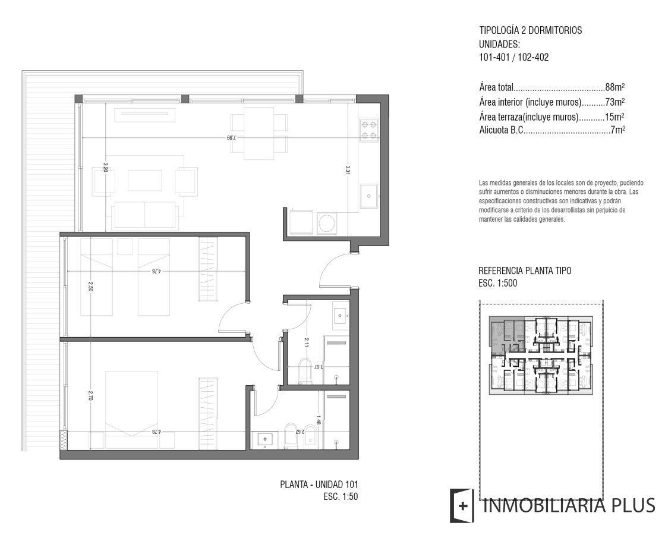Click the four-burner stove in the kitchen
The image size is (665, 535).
[368, 130]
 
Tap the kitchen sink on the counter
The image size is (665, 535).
[368, 196]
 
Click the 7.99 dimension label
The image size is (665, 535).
[231, 137]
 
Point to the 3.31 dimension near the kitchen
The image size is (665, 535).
[347, 169]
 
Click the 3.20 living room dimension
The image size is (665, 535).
[106, 166]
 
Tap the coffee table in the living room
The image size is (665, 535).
[144, 181]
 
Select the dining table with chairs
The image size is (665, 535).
[259, 133]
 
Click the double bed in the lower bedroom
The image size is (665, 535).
[132, 410]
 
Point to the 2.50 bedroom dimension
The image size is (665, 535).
[90, 287]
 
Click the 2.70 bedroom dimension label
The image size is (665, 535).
[90, 395]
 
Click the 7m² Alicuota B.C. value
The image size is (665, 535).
[618, 130]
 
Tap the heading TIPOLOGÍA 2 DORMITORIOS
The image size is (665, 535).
[531, 30]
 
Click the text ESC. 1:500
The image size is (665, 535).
[497, 283]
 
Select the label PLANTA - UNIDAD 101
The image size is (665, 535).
[319, 484]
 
